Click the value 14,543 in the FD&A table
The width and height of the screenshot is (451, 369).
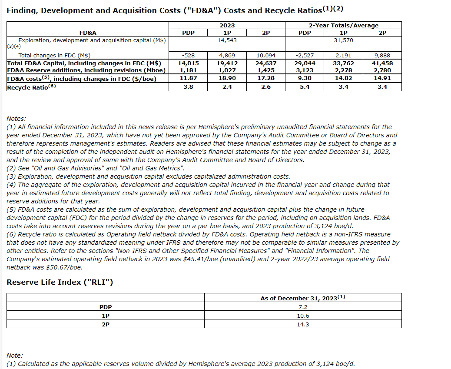[226, 40]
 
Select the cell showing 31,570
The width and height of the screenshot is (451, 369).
[343, 40]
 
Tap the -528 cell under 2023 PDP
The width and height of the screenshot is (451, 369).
[188, 55]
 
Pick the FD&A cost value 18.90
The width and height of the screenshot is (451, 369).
[226, 78]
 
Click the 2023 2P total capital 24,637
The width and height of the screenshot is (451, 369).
[265, 63]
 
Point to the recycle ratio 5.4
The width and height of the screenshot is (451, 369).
[304, 86]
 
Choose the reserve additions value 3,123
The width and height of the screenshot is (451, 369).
[304, 70]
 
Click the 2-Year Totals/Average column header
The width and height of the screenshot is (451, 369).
[343, 25]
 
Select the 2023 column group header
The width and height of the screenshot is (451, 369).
[226, 25]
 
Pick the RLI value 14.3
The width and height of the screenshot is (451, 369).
[302, 324]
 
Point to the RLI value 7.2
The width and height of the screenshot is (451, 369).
[302, 307]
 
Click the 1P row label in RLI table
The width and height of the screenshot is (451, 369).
[105, 316]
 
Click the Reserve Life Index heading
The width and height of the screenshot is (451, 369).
[60, 282]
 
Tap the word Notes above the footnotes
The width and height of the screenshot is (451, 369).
[17, 118]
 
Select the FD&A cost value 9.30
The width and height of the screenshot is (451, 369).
[304, 78]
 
